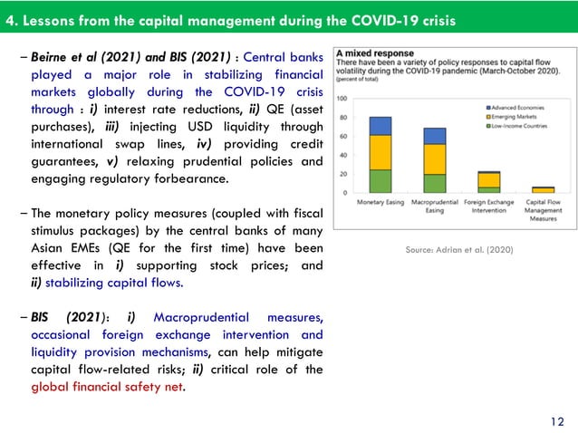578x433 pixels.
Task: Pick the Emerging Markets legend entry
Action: [x=514, y=115]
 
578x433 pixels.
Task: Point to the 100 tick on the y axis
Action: [x=343, y=98]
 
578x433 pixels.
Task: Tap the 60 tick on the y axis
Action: [x=343, y=136]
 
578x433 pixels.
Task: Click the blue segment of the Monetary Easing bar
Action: [x=381, y=126]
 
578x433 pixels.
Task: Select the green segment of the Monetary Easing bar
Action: [x=381, y=181]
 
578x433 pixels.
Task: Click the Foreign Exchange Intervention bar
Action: [x=488, y=181]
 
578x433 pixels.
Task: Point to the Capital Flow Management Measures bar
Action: [x=543, y=189]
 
